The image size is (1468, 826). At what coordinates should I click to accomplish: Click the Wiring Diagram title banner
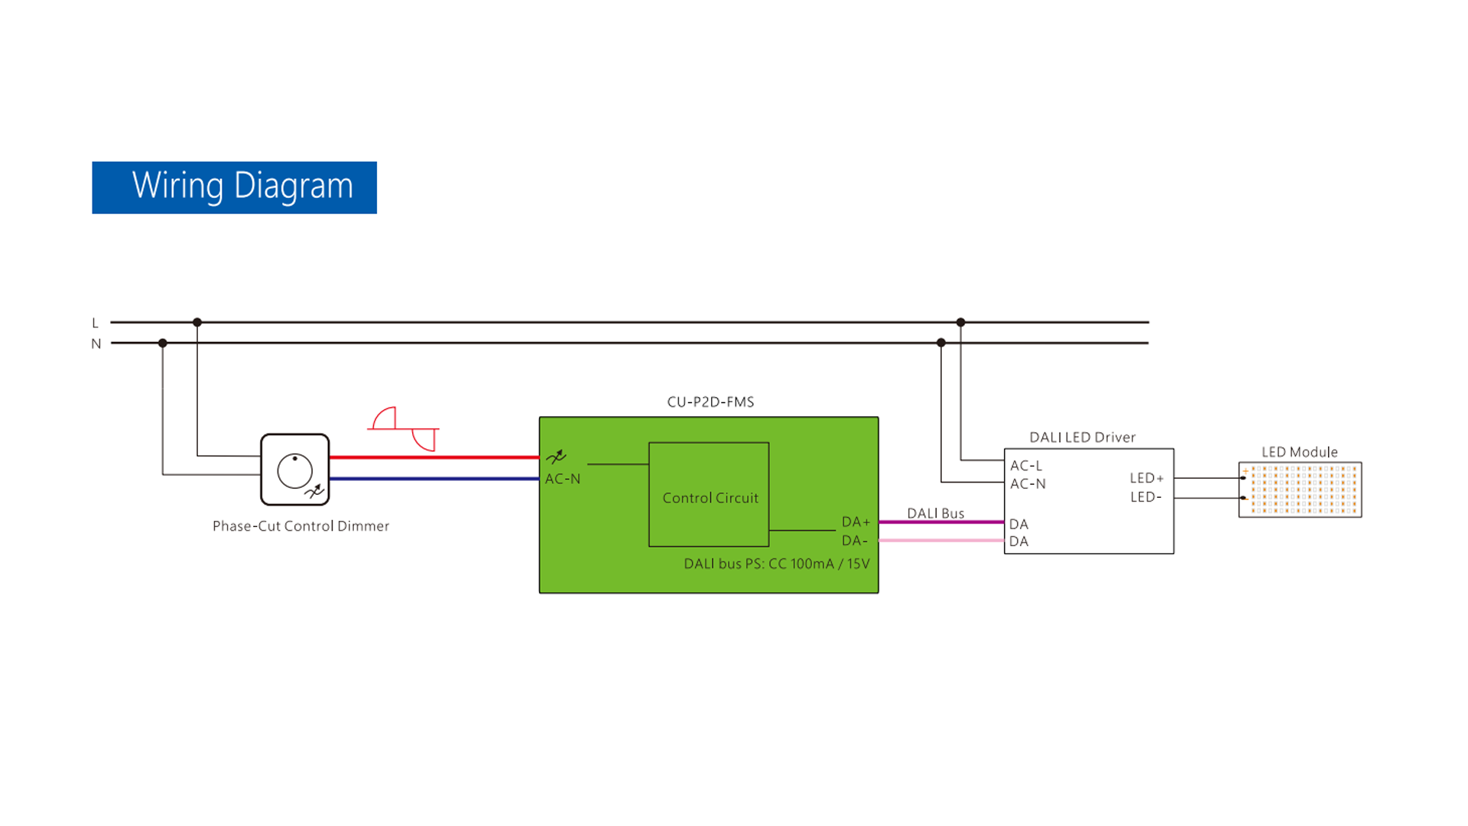coord(234,187)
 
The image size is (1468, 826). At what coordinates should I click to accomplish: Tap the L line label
coord(95,324)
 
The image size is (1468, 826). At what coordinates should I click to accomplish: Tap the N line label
coord(96,344)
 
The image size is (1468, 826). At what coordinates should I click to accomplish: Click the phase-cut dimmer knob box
coord(295,470)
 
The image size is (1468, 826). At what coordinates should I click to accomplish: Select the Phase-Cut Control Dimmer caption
coord(300,526)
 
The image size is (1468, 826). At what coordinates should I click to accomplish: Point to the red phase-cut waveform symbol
coord(404,429)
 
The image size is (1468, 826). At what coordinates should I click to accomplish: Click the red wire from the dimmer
coord(434,457)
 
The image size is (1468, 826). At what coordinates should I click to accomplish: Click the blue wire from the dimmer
coord(434,479)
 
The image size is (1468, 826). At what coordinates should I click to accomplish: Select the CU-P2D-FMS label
coord(710,402)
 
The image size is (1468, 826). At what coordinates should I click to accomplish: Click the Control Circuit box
coord(709,495)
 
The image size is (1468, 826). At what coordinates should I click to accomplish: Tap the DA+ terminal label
coord(856,522)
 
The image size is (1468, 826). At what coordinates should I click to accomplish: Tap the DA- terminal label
coord(854,541)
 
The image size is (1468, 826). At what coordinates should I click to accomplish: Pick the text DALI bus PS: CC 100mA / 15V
coord(776,564)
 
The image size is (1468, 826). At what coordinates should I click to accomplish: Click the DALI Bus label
coord(935,514)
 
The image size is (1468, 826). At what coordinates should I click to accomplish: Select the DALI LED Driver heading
coord(1082,437)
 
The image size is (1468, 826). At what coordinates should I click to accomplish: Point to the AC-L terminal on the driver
coord(1026,466)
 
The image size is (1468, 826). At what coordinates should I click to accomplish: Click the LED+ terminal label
coord(1147,479)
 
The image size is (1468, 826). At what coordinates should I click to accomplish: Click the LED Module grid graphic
coord(1301,489)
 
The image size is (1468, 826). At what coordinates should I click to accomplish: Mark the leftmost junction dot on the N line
coord(163,343)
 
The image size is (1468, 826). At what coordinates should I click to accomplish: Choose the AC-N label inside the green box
coord(563,480)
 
